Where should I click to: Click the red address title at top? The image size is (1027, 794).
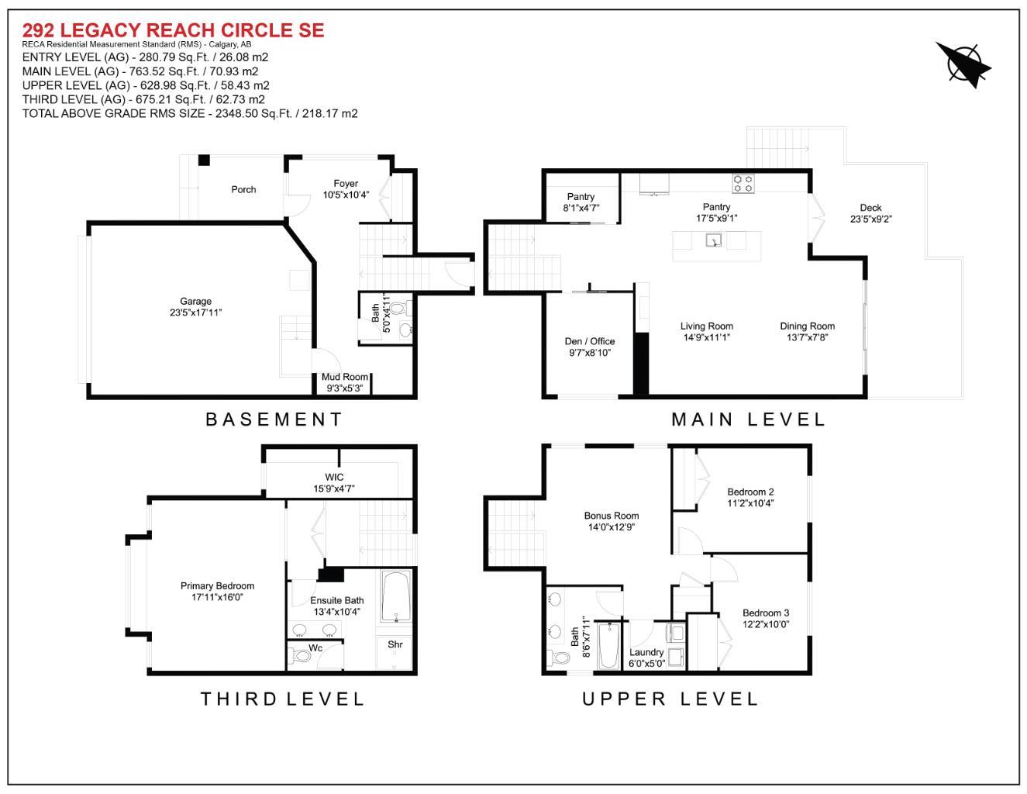click(x=173, y=30)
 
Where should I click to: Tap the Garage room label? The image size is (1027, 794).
click(x=196, y=302)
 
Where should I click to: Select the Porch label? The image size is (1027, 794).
click(x=243, y=189)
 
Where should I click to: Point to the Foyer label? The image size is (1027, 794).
click(x=346, y=184)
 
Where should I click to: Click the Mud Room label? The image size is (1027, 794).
click(x=345, y=377)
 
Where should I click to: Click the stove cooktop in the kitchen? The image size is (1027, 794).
click(x=743, y=184)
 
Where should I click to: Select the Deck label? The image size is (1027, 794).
click(x=870, y=207)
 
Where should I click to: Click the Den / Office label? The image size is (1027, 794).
click(x=589, y=341)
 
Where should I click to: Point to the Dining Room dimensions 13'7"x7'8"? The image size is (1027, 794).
click(x=807, y=337)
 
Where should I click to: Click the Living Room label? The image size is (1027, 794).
click(x=706, y=326)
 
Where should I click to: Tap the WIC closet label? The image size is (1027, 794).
click(x=334, y=477)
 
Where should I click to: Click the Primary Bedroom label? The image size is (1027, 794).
click(x=217, y=586)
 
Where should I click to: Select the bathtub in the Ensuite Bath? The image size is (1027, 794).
click(x=396, y=596)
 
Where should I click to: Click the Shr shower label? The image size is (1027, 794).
click(x=395, y=644)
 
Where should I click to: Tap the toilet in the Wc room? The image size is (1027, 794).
click(x=302, y=657)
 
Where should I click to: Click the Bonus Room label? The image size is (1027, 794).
click(x=611, y=516)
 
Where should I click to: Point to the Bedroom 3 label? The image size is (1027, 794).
click(x=765, y=613)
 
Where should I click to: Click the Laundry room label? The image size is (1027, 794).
click(x=646, y=652)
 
